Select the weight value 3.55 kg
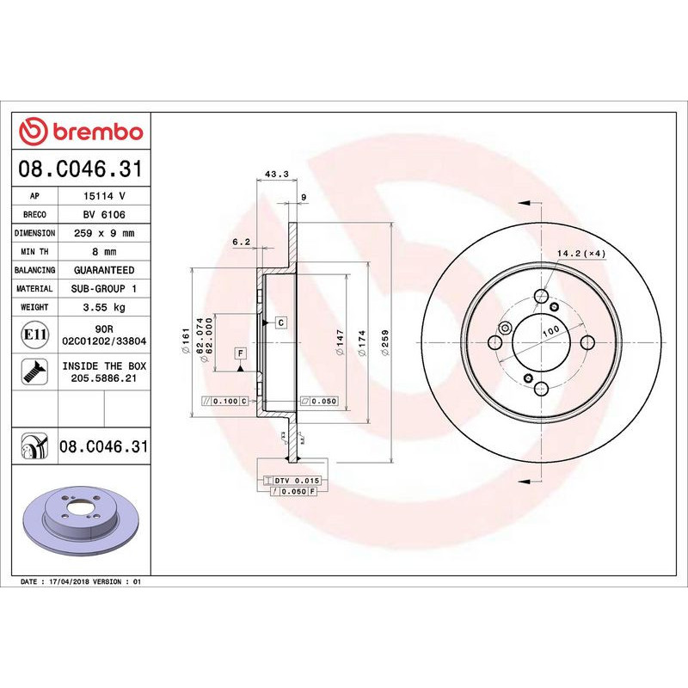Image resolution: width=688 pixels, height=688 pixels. point(104,307)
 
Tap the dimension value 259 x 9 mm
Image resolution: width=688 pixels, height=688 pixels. point(104,233)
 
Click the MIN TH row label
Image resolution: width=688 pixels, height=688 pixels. point(35,252)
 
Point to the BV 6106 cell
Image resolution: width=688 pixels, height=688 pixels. point(104,215)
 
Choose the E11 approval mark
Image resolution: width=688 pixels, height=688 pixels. point(35,334)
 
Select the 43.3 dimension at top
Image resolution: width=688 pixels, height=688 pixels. point(275,174)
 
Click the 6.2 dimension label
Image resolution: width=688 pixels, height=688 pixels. point(241,242)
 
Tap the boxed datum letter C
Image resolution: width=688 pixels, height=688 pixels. point(280,322)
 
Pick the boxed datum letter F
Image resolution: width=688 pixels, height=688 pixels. point(240,353)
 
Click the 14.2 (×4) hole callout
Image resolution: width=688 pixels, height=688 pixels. point(582,253)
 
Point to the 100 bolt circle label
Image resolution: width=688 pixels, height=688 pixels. point(550,330)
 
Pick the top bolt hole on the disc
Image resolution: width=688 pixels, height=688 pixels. point(541,298)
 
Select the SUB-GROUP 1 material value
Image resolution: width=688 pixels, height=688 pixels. point(104,289)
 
